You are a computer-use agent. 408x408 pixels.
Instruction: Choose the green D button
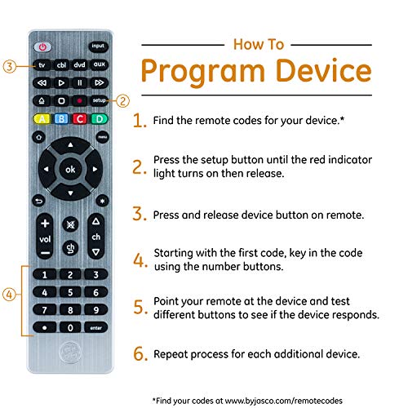pos(100,119)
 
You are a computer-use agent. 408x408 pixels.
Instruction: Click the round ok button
pos(70,169)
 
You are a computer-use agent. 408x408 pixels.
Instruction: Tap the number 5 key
pos(70,291)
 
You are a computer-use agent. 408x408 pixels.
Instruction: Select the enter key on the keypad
pos(97,326)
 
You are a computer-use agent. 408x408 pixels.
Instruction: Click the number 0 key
pos(70,326)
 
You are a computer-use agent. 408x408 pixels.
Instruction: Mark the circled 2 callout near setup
pos(122,101)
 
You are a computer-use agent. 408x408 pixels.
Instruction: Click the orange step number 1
pos(140,121)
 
